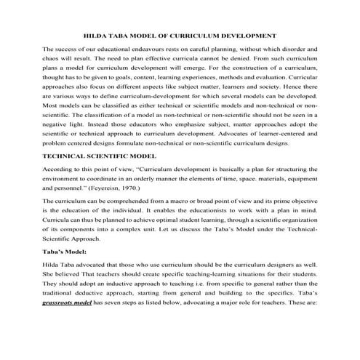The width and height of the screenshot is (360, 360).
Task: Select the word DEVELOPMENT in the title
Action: point(249,34)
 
